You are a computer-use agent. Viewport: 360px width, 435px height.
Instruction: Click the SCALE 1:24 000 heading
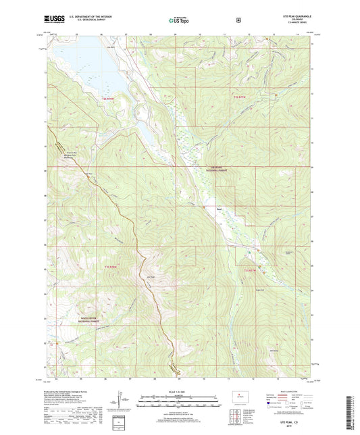[x=180, y=392]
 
